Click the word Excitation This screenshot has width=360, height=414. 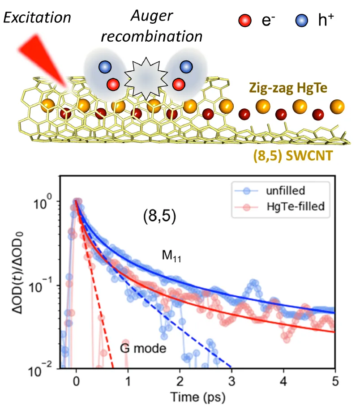(x=37, y=17)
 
